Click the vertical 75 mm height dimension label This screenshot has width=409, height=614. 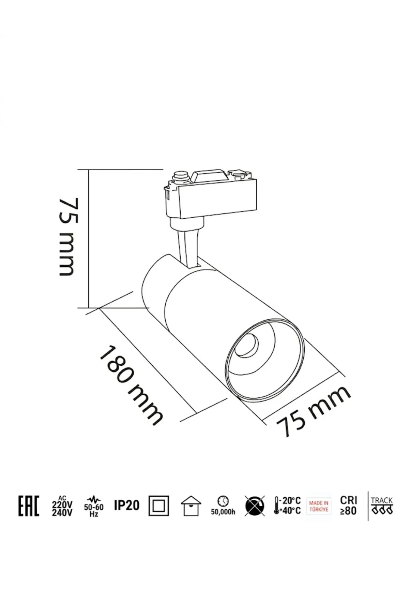click(x=67, y=237)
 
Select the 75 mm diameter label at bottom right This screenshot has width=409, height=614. click(x=313, y=411)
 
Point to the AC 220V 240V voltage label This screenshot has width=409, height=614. click(x=62, y=506)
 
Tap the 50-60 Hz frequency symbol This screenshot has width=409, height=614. click(x=94, y=506)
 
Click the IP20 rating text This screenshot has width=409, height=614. click(x=127, y=505)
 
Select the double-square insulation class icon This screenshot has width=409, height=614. click(x=158, y=506)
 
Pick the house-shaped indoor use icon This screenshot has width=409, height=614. click(x=191, y=506)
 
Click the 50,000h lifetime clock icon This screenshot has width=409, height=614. click(x=223, y=506)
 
